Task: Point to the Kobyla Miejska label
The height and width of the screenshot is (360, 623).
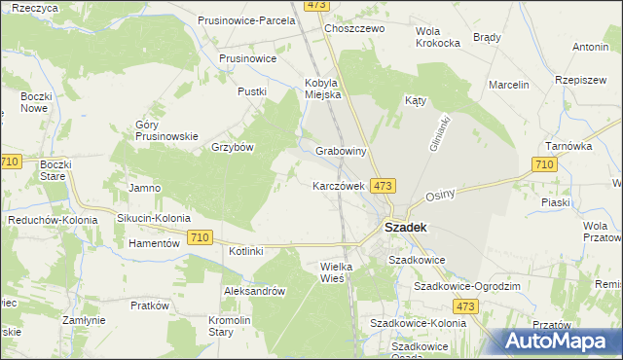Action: tap(322, 89)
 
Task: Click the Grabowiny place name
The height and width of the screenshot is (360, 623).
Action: tap(341, 152)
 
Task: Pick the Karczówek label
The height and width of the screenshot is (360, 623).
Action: tap(338, 185)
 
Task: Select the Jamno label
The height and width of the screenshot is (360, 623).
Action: tap(144, 187)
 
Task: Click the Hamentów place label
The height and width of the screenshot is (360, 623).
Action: tap(154, 243)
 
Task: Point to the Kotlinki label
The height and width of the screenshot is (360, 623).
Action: tap(246, 252)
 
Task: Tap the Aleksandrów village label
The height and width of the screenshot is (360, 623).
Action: tap(253, 290)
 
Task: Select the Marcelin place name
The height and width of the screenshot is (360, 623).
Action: tap(509, 85)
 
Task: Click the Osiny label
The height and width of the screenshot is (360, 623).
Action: tap(440, 195)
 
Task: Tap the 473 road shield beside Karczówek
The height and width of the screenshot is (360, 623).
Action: tap(383, 185)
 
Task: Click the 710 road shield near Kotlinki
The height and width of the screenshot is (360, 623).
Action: tap(201, 236)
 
